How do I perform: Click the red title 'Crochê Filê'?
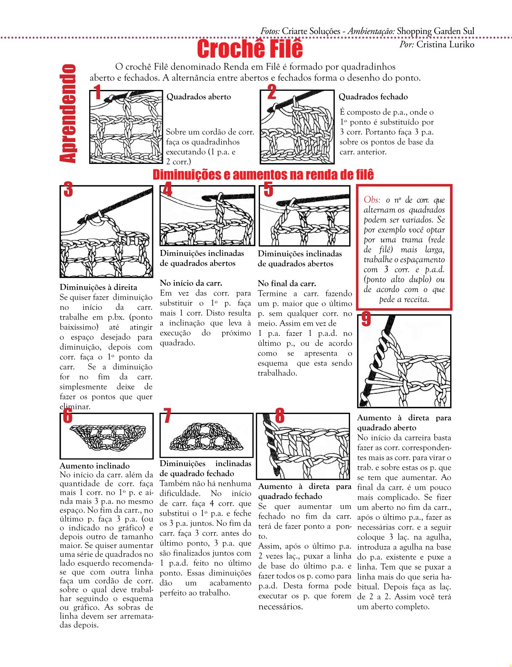point(250,48)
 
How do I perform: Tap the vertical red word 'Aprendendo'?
point(68,113)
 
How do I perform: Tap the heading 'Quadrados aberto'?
point(199,97)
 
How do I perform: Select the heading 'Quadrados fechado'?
point(373,97)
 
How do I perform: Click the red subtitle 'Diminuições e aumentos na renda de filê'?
point(263,174)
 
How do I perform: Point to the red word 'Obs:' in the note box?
point(372,200)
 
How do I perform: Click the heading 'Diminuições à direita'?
point(98,287)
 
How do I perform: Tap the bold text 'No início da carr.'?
point(191,283)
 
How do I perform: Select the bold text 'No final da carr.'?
point(287,283)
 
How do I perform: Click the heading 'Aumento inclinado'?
point(95,466)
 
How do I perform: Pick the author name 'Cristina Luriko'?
point(445,45)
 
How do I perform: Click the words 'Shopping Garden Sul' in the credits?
point(435,31)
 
